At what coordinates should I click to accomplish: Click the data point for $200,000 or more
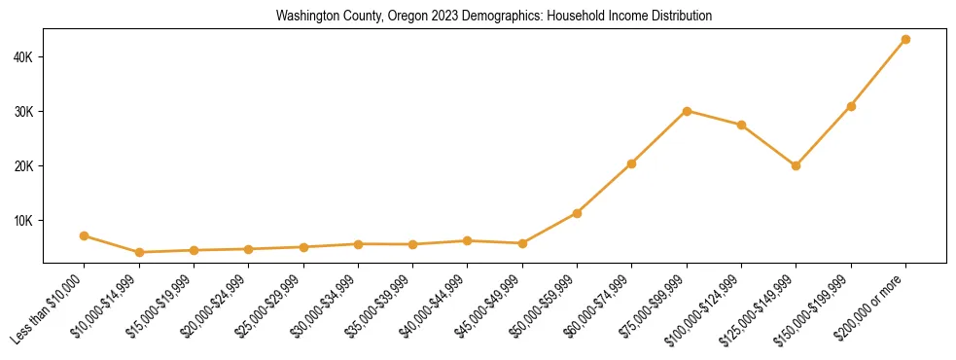[905, 40]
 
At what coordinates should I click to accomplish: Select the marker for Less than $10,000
[85, 235]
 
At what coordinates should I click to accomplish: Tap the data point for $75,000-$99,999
[687, 111]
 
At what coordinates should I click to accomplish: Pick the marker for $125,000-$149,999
[796, 165]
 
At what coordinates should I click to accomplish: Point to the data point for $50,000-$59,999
[577, 213]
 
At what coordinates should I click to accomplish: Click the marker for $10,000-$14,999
[139, 252]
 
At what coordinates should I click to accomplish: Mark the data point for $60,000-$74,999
[632, 163]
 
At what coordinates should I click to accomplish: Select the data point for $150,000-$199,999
[851, 106]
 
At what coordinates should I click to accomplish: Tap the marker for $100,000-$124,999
[741, 125]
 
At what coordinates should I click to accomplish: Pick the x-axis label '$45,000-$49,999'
[491, 306]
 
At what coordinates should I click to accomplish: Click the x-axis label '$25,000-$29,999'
[272, 306]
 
